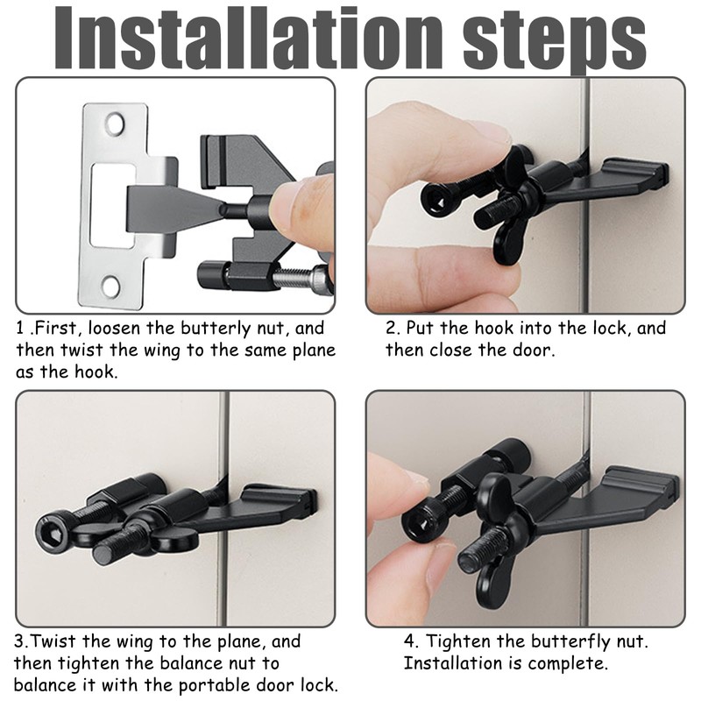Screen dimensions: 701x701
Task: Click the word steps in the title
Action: (x=555, y=42)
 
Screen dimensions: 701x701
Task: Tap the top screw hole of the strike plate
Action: (x=115, y=124)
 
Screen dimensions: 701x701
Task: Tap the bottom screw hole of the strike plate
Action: (x=111, y=286)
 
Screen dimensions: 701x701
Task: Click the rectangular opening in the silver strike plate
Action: (x=112, y=205)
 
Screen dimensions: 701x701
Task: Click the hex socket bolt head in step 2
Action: (x=436, y=200)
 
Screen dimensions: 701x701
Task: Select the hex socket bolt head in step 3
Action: (x=52, y=534)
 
